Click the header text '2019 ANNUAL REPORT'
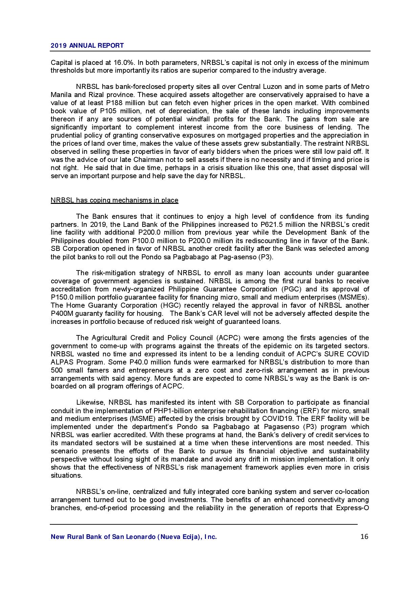tap(87, 46)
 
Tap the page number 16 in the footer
tap(364, 537)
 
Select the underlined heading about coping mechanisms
tap(114, 200)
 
